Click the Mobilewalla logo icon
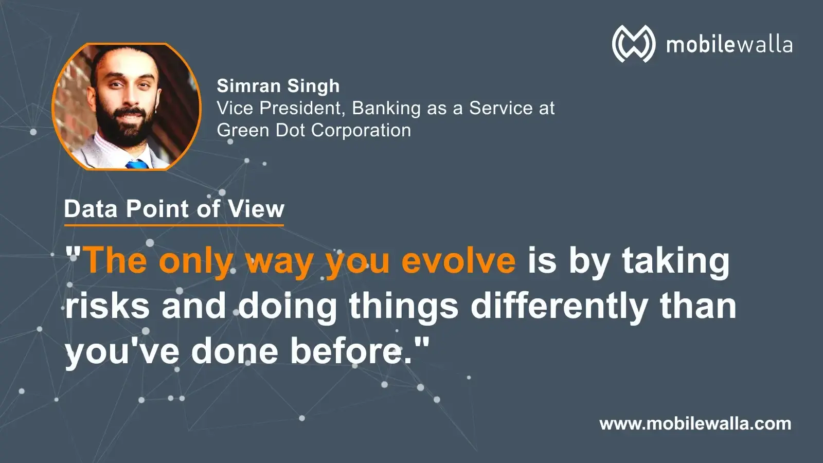pos(633,44)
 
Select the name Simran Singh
pos(278,86)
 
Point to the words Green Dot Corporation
pos(314,130)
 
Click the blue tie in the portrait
pos(137,164)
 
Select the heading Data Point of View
pos(174,209)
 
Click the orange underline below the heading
pos(174,225)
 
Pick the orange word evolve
pos(459,261)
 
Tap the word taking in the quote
pos(676,262)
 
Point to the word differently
pos(559,308)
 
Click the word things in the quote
pos(403,308)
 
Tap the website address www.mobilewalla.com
pos(695,424)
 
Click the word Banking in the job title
pos(386,109)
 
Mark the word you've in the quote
pos(122,353)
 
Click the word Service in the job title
pos(501,108)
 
